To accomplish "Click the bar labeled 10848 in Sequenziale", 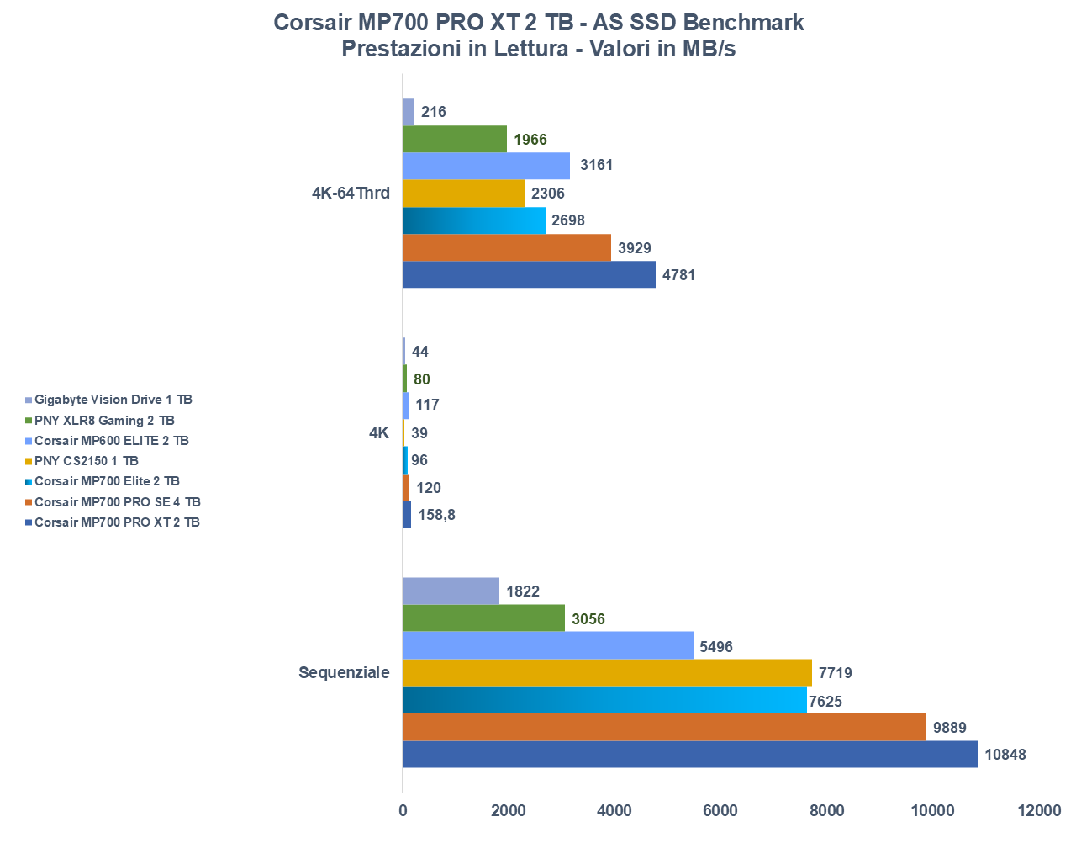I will (689, 754).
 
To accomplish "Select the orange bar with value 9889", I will (664, 727).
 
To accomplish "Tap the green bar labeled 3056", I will (483, 618).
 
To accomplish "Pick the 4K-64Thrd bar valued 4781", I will (529, 274).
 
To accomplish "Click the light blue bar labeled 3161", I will (486, 166).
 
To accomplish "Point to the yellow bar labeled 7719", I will (607, 673).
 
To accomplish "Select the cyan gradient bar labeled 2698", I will (473, 220).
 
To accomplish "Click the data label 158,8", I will (436, 515).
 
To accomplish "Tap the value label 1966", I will (530, 140).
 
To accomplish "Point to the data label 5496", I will (716, 647).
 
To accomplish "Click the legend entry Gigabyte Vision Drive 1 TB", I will (113, 400).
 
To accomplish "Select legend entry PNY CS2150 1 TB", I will (87, 461).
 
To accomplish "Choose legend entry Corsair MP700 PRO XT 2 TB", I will (117, 522).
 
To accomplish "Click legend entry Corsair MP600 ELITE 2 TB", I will (112, 441).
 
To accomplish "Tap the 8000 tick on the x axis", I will (826, 811).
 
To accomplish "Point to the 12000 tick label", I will (1038, 811).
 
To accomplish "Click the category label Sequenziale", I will (344, 673).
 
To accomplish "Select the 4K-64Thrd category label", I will (351, 194).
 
